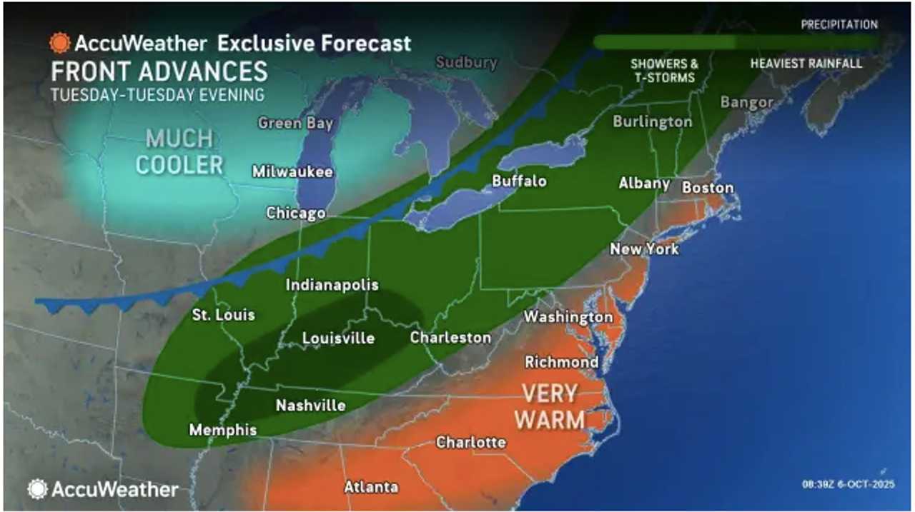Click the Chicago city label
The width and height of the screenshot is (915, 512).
[296, 213]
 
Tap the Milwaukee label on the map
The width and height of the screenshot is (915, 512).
[292, 171]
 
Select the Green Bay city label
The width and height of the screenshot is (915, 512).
[295, 123]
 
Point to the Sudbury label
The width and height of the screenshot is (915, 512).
[466, 62]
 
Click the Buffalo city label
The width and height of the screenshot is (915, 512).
[519, 181]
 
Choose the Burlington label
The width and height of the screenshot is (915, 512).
[652, 121]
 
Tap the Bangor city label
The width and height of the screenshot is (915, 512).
[746, 102]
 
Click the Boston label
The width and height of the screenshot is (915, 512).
[708, 187]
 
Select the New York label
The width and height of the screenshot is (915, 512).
[644, 249]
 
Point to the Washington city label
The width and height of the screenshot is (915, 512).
[568, 316]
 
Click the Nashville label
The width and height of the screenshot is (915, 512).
[311, 406]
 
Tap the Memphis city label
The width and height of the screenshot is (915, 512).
[222, 430]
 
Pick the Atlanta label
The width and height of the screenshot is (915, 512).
[371, 487]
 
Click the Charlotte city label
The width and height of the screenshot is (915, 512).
[471, 442]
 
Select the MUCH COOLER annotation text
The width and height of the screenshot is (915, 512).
[179, 151]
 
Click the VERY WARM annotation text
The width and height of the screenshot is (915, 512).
[549, 406]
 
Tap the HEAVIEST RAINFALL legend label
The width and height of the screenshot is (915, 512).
[806, 64]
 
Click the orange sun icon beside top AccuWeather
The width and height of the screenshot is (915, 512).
[59, 43]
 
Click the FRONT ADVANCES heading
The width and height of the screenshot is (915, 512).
[159, 71]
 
